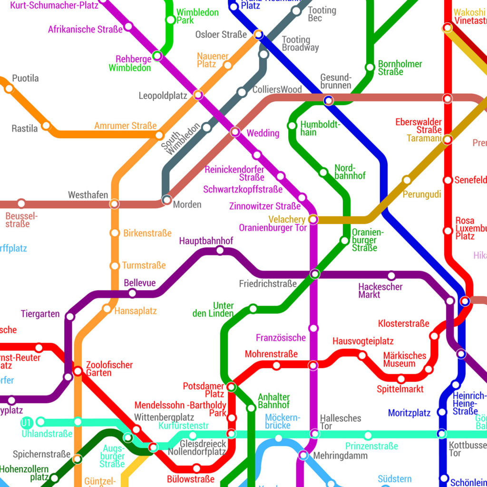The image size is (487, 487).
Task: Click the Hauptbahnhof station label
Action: pos(206,241)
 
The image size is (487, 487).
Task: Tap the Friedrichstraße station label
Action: pos(268,284)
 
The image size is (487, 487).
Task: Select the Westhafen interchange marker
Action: pos(115,204)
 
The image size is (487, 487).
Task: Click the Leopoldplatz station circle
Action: pos(198,95)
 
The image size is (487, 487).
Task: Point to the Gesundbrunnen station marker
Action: pos(328,100)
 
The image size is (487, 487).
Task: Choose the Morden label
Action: pos(187,205)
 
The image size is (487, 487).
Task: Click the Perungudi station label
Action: pos(422,195)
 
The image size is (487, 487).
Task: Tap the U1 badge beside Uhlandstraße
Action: pos(27,422)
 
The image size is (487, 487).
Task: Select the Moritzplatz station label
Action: pos(409,413)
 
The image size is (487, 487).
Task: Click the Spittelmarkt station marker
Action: pos(401,379)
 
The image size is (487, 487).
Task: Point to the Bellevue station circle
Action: pos(133,293)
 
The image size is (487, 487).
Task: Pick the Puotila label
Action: pos(25,78)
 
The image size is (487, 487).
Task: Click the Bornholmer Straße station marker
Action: pos(370,68)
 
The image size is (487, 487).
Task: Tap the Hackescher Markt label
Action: pos(380,291)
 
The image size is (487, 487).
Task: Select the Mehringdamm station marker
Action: pos(303,456)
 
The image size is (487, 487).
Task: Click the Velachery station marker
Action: pos(313,219)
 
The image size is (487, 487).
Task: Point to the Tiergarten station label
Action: pos(40,314)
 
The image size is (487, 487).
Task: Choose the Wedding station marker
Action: pos(235,132)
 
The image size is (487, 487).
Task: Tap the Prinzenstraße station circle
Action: pos(368,435)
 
